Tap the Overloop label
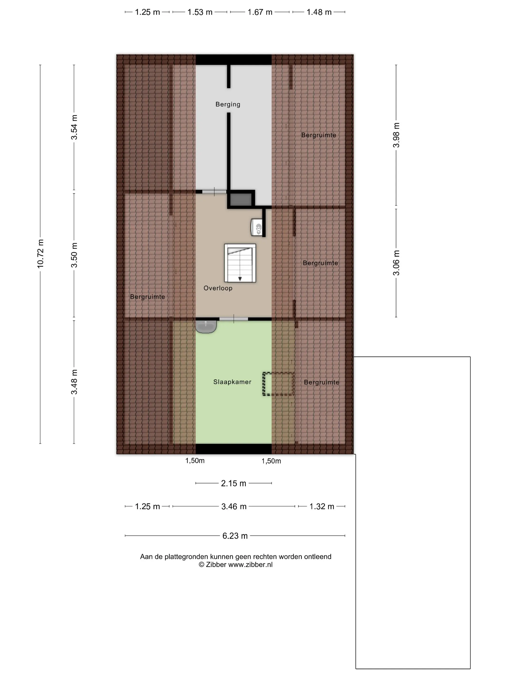pos(218,288)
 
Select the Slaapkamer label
pos(232,382)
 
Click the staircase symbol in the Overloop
pos(240,263)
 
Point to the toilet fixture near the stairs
pos(257,227)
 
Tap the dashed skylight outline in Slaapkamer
pos(278,384)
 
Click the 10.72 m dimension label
pos(40,254)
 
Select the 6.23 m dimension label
pos(235,536)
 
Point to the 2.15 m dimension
pos(234,483)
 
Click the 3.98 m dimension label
pos(396,135)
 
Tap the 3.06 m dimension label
pos(396,263)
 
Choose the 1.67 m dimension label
pos(260,12)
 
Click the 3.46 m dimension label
pos(234,506)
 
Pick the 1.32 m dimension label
pos(321,506)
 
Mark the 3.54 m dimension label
pos(74,127)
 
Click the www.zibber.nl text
pos(250,565)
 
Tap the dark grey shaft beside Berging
pos(241,200)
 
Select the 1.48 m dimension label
pos(319,12)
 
